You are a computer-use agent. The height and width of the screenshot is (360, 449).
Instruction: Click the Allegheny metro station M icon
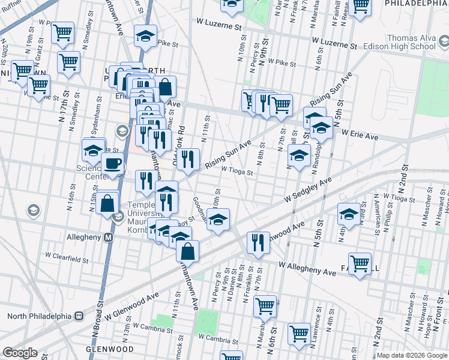pyautogui.click(x=109, y=237)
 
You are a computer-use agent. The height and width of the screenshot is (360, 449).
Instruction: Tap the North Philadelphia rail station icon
pyautogui.click(x=78, y=316)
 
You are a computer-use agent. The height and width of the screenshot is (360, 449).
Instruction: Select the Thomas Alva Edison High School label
pyautogui.click(x=411, y=42)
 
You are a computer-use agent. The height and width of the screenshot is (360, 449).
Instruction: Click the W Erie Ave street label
pyautogui.click(x=360, y=137)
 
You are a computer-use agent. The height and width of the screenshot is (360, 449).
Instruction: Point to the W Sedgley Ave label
pyautogui.click(x=308, y=190)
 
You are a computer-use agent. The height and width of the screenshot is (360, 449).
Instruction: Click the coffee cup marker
pyautogui.click(x=112, y=163)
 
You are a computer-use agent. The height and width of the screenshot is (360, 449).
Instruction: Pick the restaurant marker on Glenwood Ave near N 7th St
pyautogui.click(x=258, y=242)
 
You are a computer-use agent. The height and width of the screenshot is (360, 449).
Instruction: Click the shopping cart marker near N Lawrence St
pyautogui.click(x=299, y=333)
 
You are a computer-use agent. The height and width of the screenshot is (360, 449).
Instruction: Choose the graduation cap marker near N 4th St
pyautogui.click(x=349, y=212)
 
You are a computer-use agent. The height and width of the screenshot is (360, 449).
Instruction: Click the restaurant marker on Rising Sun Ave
pyautogui.click(x=188, y=159)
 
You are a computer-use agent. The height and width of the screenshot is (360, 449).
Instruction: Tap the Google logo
pyautogui.click(x=20, y=353)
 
